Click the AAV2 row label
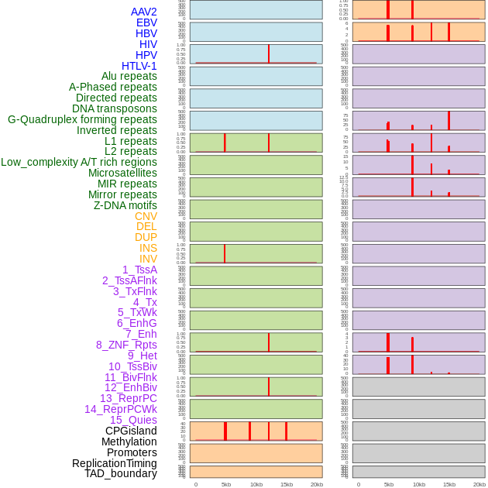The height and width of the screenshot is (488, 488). (144, 12)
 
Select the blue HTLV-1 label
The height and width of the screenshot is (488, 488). (139, 66)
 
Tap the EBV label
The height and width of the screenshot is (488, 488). (146, 22)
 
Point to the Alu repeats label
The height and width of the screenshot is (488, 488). (129, 76)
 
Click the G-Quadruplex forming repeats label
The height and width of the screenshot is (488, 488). (82, 119)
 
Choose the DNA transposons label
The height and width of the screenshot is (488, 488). (115, 108)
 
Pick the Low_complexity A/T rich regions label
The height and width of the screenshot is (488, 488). (79, 162)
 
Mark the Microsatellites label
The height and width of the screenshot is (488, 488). (122, 173)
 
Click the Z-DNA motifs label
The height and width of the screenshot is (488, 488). (125, 205)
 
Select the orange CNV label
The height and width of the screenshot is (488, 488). (146, 216)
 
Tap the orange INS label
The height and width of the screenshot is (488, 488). (148, 248)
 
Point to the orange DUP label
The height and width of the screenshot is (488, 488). (146, 237)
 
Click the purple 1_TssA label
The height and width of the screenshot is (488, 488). (139, 270)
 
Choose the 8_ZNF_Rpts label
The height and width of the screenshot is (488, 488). (126, 345)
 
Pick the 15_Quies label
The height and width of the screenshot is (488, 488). (133, 420)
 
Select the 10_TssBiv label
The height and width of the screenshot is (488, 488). (132, 366)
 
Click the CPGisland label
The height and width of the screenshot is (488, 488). (131, 431)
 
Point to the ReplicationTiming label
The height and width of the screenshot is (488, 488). (115, 463)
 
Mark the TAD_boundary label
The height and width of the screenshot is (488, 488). (121, 473)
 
